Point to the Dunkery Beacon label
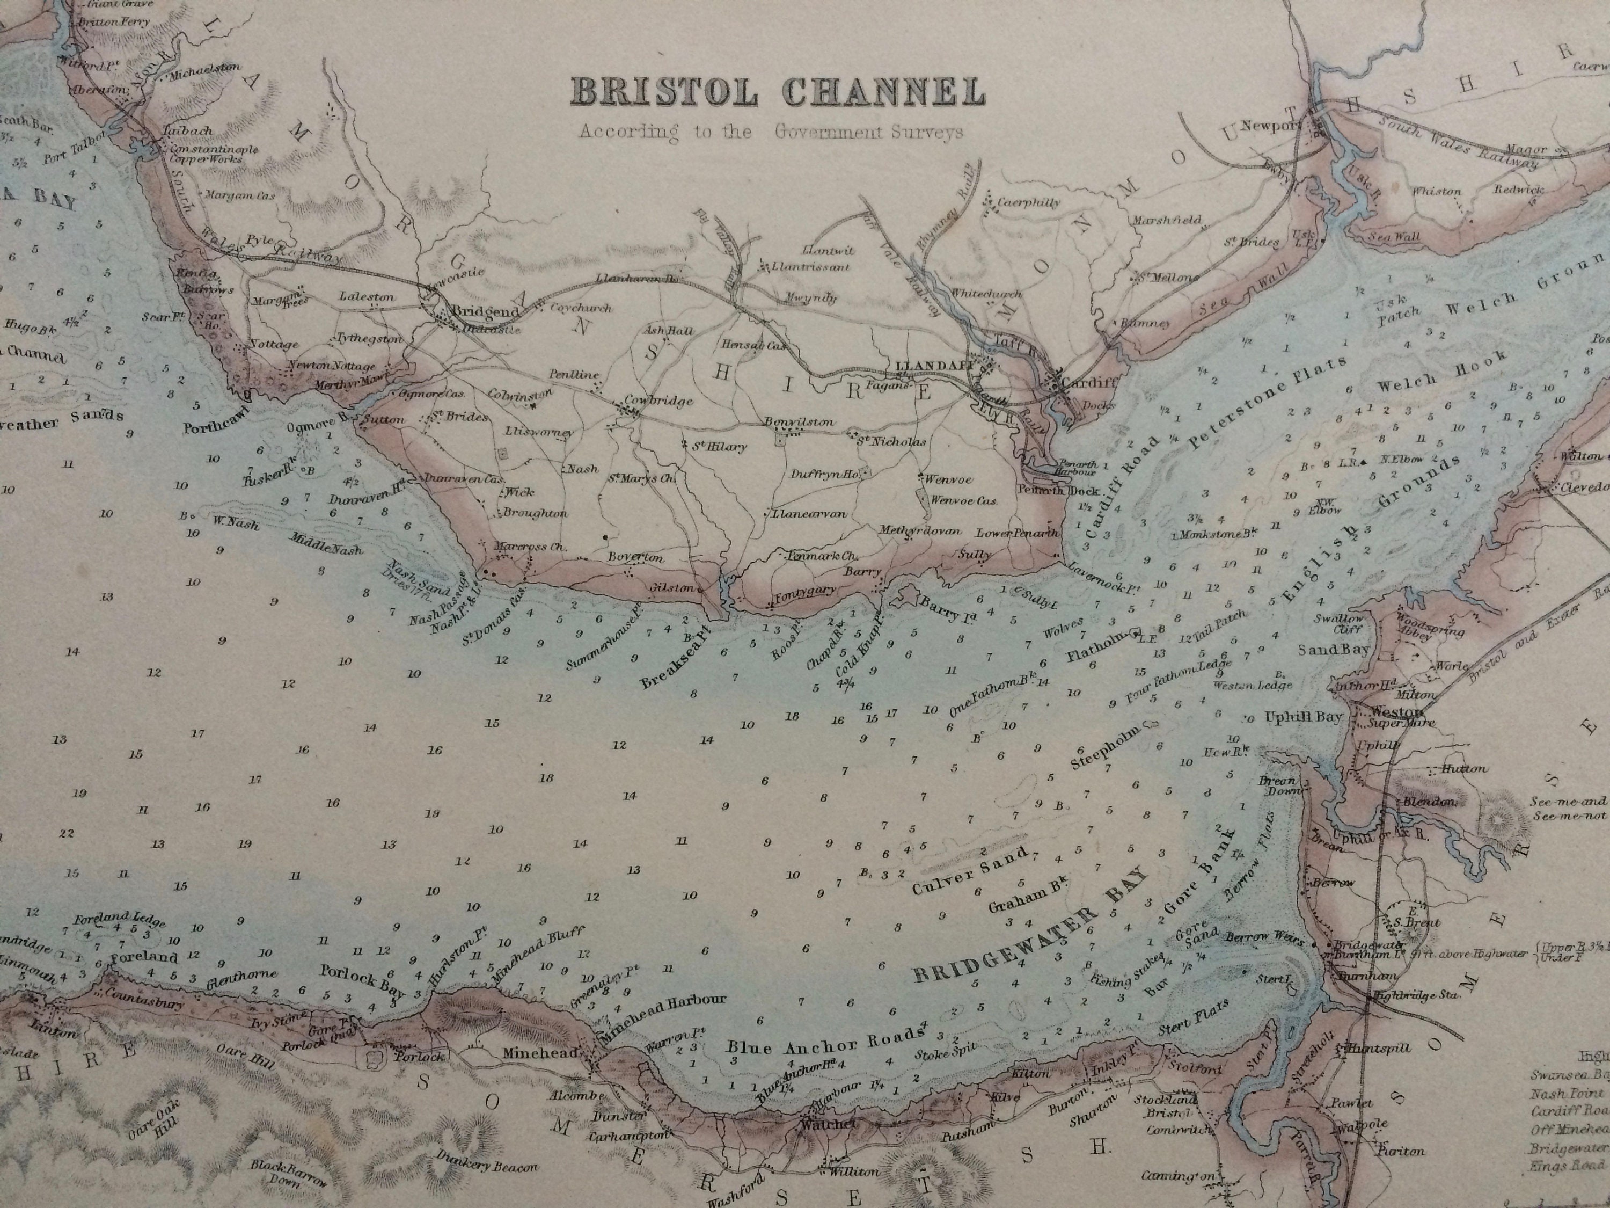point(488,1163)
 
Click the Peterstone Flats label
point(1268,403)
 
